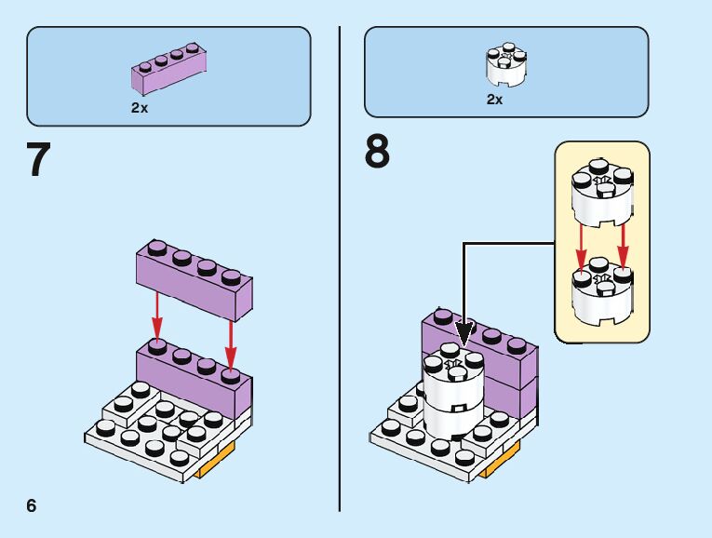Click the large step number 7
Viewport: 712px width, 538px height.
[x=37, y=159]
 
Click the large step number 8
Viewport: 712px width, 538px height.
[x=377, y=152]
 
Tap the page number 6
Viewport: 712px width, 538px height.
[x=32, y=505]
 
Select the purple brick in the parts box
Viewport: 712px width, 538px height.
[x=168, y=70]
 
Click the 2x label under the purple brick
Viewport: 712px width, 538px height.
[x=140, y=108]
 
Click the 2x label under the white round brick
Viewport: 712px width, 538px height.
[x=494, y=100]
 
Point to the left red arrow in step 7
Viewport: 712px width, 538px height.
[x=157, y=317]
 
